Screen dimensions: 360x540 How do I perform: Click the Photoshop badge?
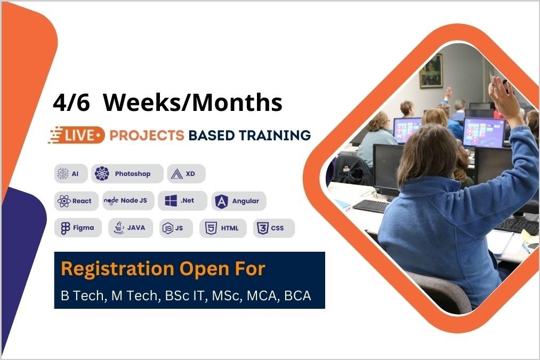coord(127,174)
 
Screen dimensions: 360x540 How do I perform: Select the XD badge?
coord(186,174)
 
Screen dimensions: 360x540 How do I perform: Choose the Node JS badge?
coord(128,201)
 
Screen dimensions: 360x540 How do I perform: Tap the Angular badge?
coord(238,201)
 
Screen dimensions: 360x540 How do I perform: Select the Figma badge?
coord(78,228)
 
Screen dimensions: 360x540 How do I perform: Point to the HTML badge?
coord(223,228)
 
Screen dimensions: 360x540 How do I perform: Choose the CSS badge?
coord(273,228)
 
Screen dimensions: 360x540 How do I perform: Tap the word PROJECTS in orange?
coord(147,135)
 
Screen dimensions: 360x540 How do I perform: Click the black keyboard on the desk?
coord(371,206)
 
